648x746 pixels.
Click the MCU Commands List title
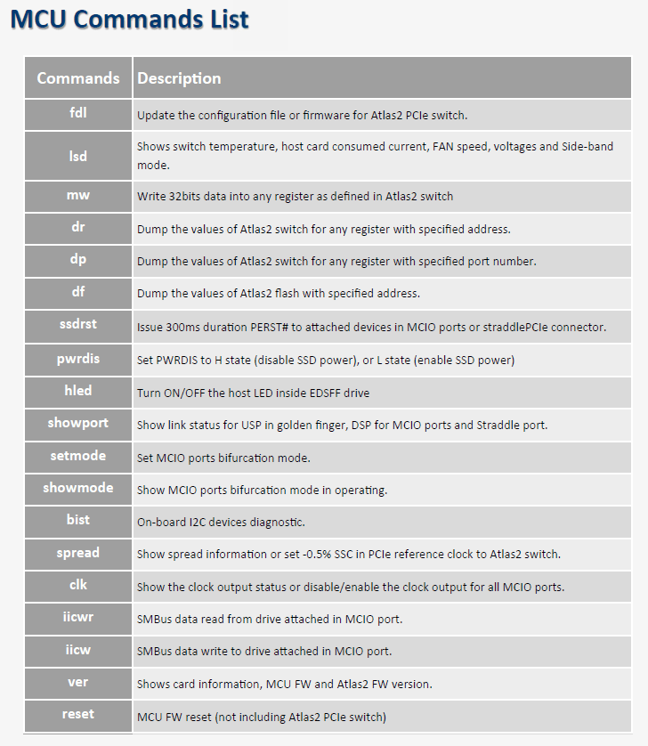coord(130,20)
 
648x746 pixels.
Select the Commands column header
coord(78,78)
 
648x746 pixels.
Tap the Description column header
coord(179,78)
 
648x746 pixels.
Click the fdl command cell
coord(78,114)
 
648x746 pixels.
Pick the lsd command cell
coord(78,156)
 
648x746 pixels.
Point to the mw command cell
coord(78,196)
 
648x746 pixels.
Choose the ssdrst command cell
coord(78,326)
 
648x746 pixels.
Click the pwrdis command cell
coord(78,359)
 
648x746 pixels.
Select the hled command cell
coord(78,392)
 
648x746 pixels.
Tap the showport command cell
coord(78,425)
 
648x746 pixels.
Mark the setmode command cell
coord(78,457)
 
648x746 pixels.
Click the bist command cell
coord(78,521)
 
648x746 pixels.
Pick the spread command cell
coord(78,554)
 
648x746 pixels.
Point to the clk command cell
coord(78,586)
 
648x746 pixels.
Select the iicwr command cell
coord(78,619)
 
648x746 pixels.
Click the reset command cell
coord(78,716)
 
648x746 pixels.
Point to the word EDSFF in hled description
coord(328,393)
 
